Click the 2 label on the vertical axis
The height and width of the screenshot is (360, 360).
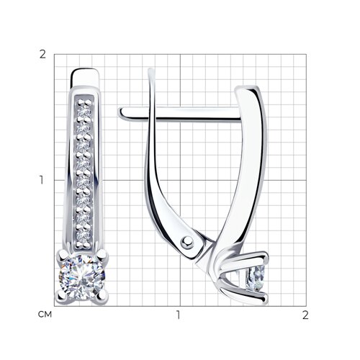point(42,55)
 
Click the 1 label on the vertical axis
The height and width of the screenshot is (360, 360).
point(42,180)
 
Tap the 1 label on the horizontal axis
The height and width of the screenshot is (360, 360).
point(178,315)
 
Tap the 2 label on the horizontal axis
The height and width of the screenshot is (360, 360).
point(305,315)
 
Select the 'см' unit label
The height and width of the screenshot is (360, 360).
point(45,315)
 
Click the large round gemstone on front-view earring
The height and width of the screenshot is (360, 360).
point(82,278)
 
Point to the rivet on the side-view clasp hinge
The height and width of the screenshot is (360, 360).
point(187,243)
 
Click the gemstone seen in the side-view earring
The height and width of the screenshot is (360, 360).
point(256,279)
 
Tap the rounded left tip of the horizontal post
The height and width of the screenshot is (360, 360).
point(121,113)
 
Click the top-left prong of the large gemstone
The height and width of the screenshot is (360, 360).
point(62,255)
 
